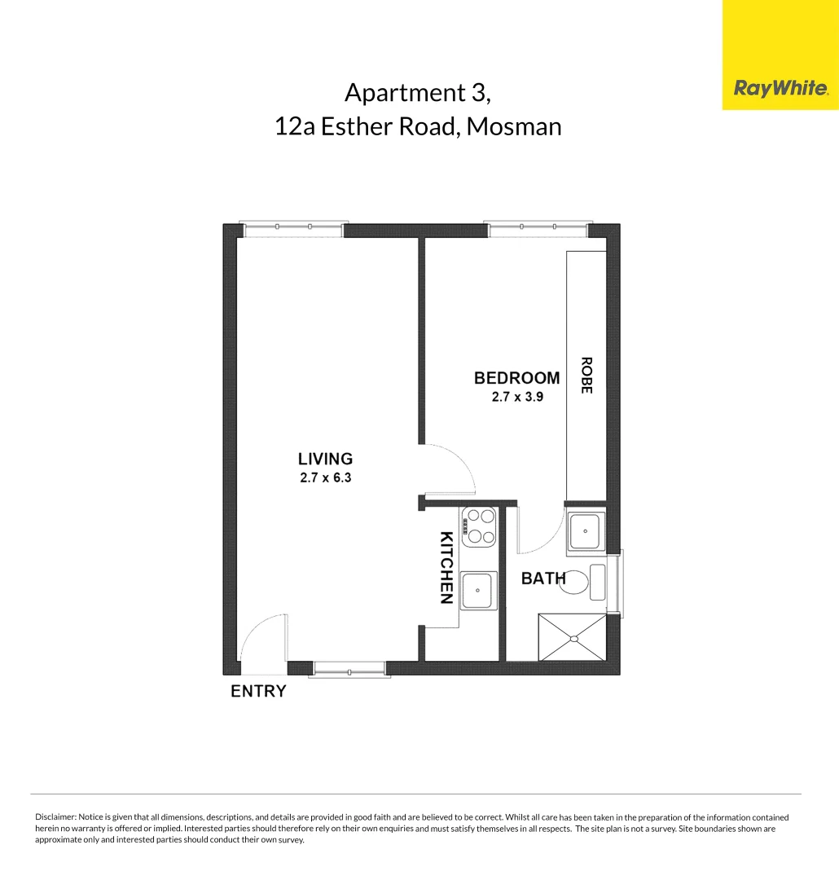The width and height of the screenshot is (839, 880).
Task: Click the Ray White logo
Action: click(780, 88)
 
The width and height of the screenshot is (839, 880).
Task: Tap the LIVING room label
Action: click(325, 459)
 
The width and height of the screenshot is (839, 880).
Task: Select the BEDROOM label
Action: click(516, 378)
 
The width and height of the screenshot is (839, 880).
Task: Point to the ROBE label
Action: click(586, 375)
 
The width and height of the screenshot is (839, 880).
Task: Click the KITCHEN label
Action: click(446, 568)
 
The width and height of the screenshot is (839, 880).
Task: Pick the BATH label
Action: click(542, 579)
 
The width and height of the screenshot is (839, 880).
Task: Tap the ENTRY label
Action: click(258, 692)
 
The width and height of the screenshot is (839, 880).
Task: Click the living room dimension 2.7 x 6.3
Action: click(325, 478)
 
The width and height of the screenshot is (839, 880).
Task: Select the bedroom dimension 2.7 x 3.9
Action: click(516, 398)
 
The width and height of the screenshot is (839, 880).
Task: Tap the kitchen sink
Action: click(478, 591)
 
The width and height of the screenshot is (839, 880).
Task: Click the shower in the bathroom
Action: click(572, 637)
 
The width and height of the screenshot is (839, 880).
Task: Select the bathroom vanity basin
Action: click(585, 531)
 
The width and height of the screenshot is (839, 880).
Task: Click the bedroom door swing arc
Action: click(453, 468)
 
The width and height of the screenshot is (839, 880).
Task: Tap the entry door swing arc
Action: click(262, 637)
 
